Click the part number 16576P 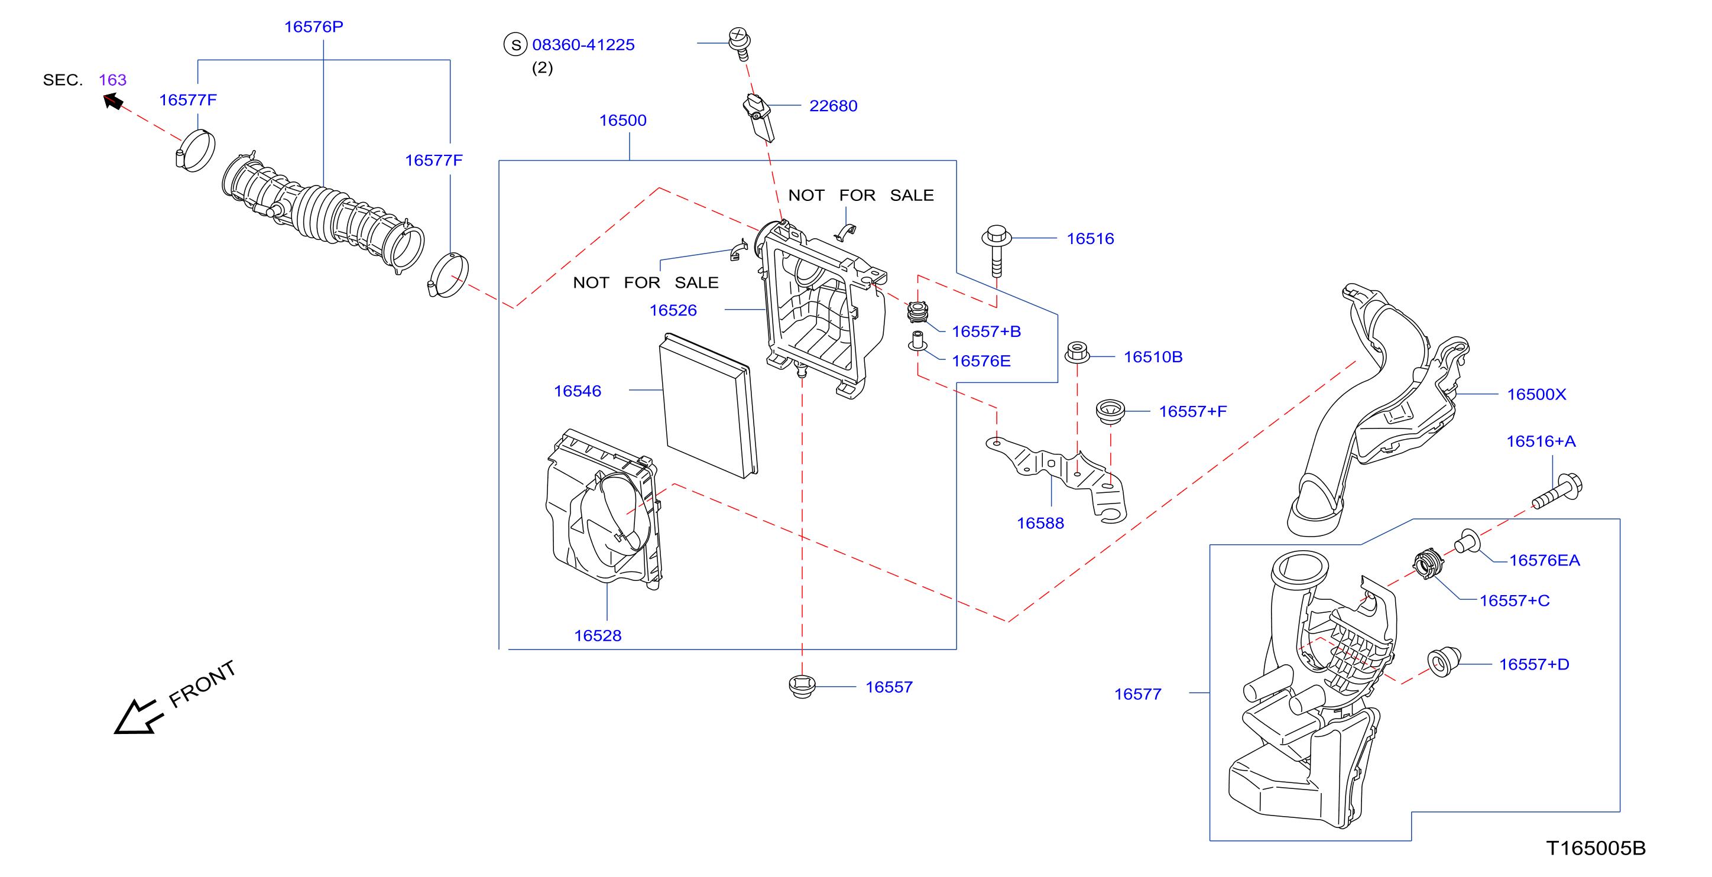[x=314, y=27]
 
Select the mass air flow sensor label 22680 [x=833, y=106]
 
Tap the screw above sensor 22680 [x=740, y=43]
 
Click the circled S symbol [x=515, y=44]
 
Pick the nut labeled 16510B [x=1077, y=352]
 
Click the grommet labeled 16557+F [x=1110, y=411]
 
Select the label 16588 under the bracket [x=1040, y=523]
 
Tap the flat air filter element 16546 [x=708, y=405]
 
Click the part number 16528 [x=598, y=635]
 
